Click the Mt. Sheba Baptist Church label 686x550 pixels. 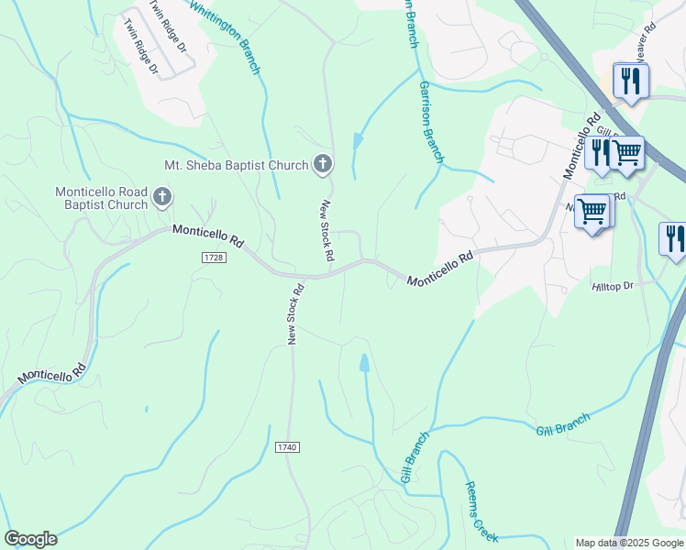(x=236, y=165)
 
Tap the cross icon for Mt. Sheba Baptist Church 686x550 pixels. (x=322, y=164)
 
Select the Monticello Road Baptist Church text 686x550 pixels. (x=101, y=197)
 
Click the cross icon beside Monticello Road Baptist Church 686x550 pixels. (x=162, y=195)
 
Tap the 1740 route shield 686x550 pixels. (x=287, y=446)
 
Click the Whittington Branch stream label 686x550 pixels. (x=227, y=37)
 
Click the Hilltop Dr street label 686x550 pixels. (x=613, y=287)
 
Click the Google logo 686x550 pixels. (x=30, y=539)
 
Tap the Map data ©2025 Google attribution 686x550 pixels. (x=629, y=543)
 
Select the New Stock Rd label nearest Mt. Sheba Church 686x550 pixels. (x=327, y=230)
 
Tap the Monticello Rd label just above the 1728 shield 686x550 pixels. (x=208, y=236)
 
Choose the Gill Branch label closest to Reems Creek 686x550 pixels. (x=415, y=459)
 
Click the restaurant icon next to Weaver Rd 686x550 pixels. (x=630, y=80)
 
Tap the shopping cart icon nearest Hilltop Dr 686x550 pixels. (x=592, y=212)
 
